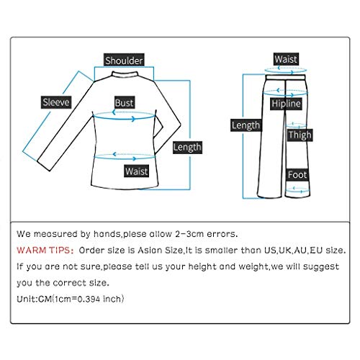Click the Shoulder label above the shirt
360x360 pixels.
[124, 61]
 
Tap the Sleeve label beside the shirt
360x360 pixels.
[55, 102]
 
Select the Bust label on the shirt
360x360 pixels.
[124, 104]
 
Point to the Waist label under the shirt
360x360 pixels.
[136, 171]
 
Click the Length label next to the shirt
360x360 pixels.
[188, 147]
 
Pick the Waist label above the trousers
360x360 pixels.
[286, 59]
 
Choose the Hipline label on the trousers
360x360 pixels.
[285, 104]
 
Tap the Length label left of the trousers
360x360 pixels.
[246, 125]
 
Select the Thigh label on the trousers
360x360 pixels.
[300, 135]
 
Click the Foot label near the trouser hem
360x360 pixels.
[297, 175]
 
